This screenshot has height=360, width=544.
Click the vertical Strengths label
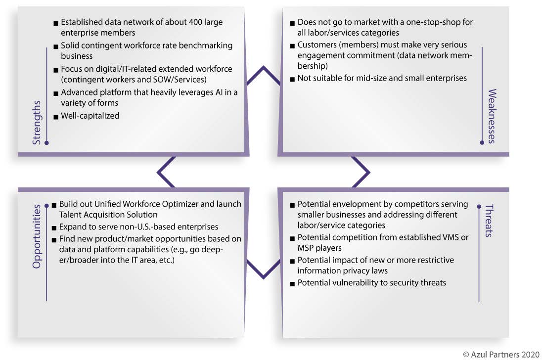point(37,123)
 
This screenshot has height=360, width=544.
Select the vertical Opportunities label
point(37,236)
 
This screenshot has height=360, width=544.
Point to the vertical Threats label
point(489,221)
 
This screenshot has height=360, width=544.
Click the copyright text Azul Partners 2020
point(501,355)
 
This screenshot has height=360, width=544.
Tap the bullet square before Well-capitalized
point(56,117)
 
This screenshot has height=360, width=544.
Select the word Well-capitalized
point(90,116)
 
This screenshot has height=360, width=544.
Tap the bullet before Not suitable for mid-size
point(292,80)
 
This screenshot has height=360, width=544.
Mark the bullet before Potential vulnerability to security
point(292,284)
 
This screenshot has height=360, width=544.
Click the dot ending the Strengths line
point(47,143)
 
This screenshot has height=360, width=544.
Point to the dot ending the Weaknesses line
point(482,142)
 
